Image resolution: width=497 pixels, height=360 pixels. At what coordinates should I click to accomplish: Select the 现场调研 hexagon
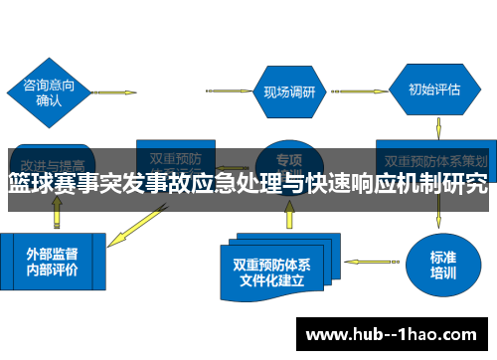click(289, 92)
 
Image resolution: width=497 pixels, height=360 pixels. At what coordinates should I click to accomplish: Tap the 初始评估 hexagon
click(433, 89)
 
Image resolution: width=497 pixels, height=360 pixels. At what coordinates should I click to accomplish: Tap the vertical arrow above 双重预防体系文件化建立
click(288, 212)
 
